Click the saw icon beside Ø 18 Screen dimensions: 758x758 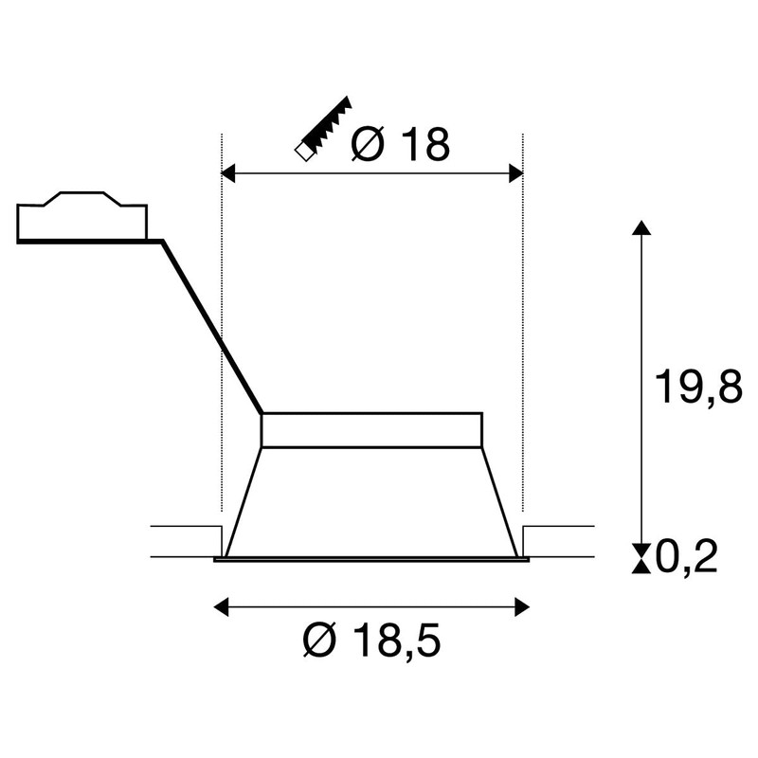[323, 130]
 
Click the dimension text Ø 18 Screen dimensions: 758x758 [400, 144]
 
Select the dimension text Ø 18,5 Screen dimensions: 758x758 [371, 641]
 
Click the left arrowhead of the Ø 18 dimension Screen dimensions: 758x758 [228, 173]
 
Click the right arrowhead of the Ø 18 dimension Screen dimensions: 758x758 [516, 173]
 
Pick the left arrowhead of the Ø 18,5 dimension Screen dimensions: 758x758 [221, 607]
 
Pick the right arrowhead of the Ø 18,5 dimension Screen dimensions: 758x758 [522, 607]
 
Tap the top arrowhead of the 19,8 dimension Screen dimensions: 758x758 [641, 227]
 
